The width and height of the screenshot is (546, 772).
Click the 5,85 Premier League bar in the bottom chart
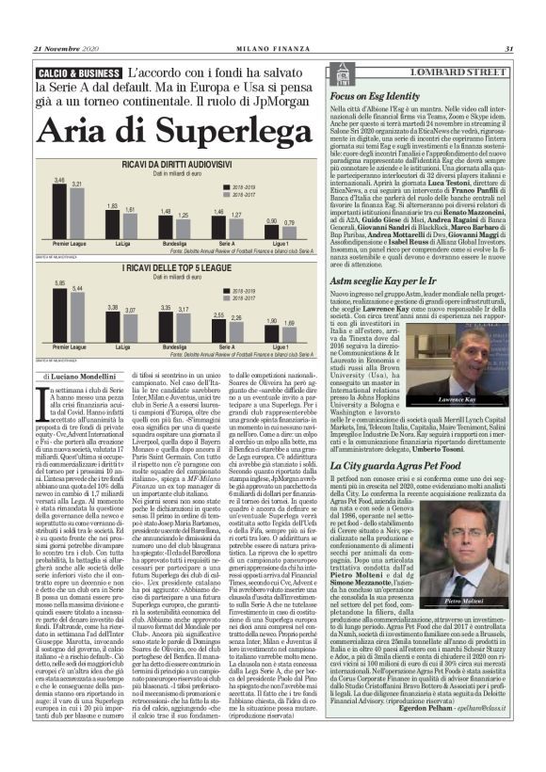click(58, 312)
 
